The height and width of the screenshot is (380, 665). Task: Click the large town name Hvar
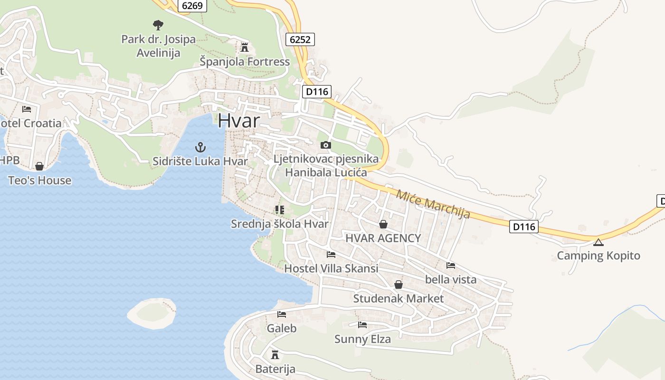click(x=239, y=121)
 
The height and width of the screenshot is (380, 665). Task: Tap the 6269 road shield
click(x=192, y=6)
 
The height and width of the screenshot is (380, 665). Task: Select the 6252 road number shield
click(x=300, y=39)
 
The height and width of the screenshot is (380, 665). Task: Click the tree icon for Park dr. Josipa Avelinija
click(x=158, y=25)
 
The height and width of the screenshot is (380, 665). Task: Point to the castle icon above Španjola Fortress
click(x=245, y=47)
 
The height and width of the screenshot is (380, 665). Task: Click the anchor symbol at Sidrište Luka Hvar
click(x=200, y=147)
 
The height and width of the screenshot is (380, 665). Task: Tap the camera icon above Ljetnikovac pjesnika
click(x=326, y=145)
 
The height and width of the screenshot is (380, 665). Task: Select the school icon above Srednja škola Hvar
click(x=279, y=209)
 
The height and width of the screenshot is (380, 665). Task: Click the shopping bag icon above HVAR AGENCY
click(x=383, y=224)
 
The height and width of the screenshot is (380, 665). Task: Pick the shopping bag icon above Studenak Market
click(x=399, y=285)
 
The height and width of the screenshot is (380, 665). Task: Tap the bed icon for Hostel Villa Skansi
click(x=331, y=255)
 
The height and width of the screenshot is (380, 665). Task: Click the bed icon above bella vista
click(x=451, y=265)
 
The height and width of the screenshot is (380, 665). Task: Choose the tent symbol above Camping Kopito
click(x=598, y=242)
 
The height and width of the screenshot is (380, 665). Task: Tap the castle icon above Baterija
click(x=275, y=354)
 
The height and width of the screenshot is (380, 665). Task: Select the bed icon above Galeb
click(x=282, y=314)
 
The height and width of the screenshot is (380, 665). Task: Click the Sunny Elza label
click(x=362, y=339)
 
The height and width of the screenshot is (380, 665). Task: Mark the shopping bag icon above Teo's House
click(x=39, y=166)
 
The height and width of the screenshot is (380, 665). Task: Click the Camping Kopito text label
click(x=598, y=256)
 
